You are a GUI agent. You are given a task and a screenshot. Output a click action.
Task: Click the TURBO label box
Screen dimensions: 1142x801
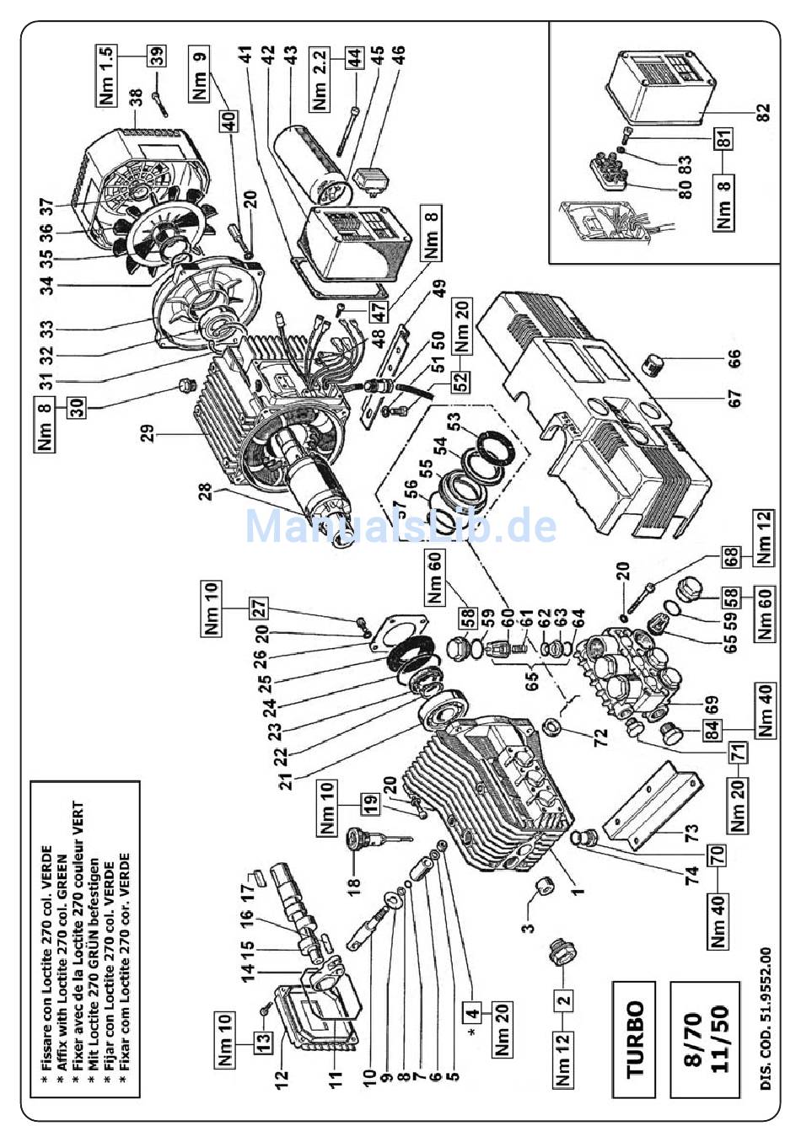(x=636, y=1039)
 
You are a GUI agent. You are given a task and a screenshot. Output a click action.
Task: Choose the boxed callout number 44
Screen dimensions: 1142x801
(x=354, y=57)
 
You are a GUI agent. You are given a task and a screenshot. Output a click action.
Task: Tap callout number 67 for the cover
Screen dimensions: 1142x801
(x=734, y=395)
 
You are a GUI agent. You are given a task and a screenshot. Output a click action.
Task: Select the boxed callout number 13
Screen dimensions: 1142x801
(x=265, y=1042)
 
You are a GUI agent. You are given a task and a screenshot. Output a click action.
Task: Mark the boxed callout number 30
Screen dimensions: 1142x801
(x=78, y=409)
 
